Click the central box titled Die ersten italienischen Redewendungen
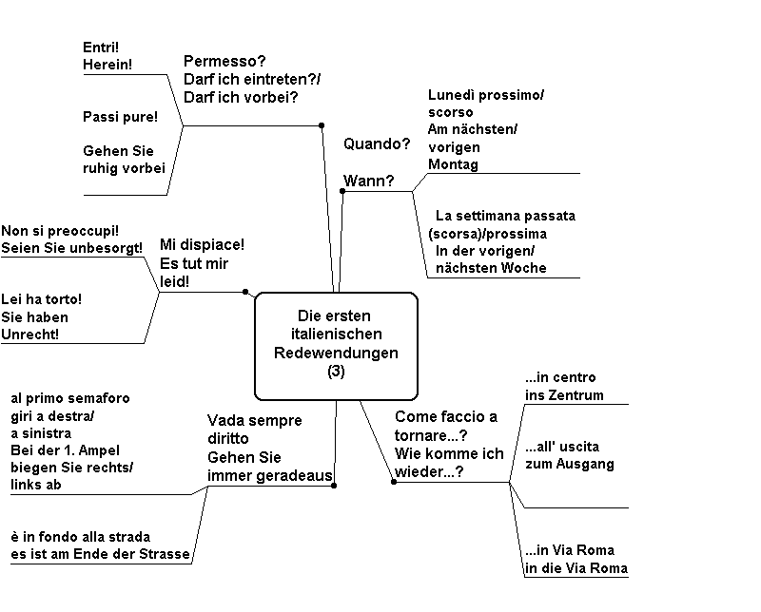tap(336, 346)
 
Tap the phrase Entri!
tap(101, 47)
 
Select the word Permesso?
tap(224, 62)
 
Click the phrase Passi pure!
tap(121, 117)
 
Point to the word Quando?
tap(377, 144)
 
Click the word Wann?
tap(368, 181)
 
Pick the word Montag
tap(453, 164)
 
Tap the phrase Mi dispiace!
tap(202, 244)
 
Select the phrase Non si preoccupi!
tap(60, 231)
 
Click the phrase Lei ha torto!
tap(41, 299)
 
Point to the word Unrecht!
tap(30, 335)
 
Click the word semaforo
tap(102, 398)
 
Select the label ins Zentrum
tap(564, 395)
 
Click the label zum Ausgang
tap(569, 464)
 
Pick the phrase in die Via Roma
tap(576, 568)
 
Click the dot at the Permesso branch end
tap(322, 125)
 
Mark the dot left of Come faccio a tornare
tap(394, 482)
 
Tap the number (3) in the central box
tap(336, 372)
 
